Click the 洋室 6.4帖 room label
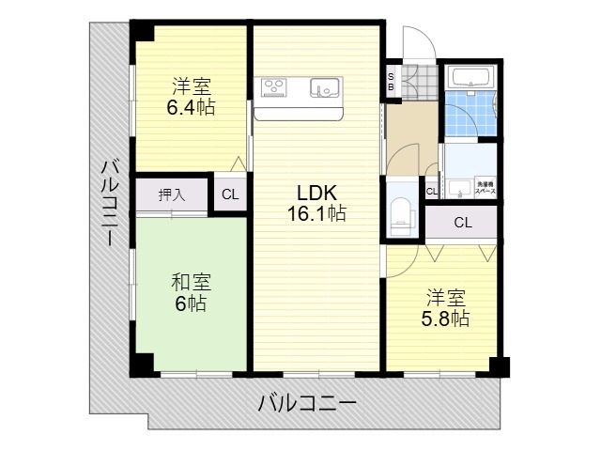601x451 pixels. [191, 97]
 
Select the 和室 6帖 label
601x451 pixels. [191, 292]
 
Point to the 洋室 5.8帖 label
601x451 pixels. [443, 308]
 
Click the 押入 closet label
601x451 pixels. [171, 195]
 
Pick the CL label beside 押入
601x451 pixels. [229, 195]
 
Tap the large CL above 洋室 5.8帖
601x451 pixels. [462, 223]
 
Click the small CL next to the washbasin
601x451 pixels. [431, 192]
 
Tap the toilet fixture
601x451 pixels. [401, 212]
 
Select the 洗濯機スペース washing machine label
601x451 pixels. [485, 187]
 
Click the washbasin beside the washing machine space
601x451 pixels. [459, 187]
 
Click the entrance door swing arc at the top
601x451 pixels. [416, 44]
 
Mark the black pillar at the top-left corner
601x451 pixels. [141, 28]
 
